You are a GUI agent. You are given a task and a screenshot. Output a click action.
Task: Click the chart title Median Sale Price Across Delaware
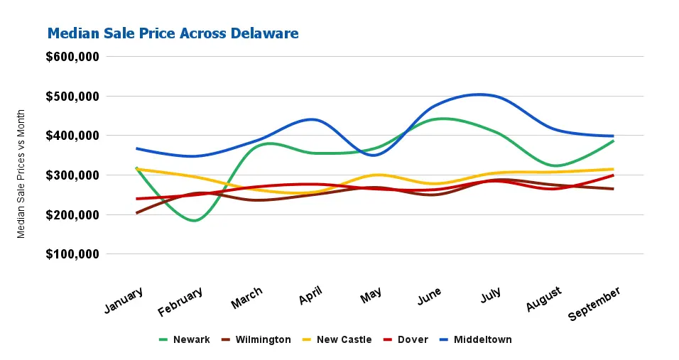[173, 33]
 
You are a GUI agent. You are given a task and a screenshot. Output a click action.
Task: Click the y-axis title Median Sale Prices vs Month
[21, 173]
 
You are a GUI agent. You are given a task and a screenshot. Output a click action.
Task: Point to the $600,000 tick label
[72, 57]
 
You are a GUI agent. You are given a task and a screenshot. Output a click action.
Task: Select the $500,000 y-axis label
[72, 96]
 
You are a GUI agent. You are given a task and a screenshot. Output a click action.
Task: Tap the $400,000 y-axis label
[72, 136]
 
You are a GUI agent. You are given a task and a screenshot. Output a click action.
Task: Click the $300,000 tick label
[72, 175]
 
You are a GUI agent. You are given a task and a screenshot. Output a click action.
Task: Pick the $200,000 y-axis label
[72, 214]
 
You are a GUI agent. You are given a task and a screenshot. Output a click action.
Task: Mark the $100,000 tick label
[72, 254]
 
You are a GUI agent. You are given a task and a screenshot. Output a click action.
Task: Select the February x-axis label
[181, 301]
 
